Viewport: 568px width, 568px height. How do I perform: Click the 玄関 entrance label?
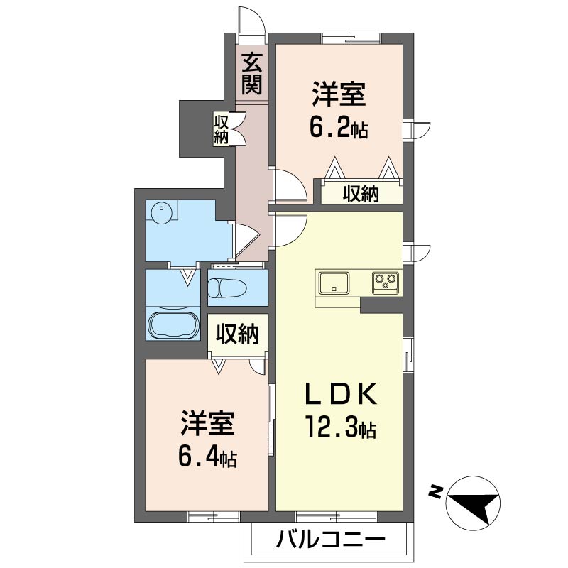(x=252, y=73)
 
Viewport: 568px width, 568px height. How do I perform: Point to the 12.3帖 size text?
(x=342, y=427)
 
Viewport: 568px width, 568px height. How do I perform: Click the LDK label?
(x=342, y=394)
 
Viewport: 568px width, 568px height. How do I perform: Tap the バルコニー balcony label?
(x=330, y=540)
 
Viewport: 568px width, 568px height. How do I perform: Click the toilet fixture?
(x=227, y=288)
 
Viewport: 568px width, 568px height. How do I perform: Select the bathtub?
(x=173, y=324)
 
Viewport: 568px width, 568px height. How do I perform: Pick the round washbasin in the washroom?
(x=160, y=210)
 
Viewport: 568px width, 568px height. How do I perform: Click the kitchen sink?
(x=334, y=283)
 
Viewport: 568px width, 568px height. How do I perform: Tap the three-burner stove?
(x=386, y=282)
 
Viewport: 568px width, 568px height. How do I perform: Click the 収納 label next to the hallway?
(x=221, y=129)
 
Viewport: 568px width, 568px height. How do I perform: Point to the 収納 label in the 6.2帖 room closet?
(x=361, y=194)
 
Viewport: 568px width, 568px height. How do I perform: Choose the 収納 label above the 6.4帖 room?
(x=238, y=334)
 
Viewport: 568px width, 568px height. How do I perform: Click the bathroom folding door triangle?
(x=188, y=277)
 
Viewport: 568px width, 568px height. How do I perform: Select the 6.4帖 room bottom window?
(x=214, y=516)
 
